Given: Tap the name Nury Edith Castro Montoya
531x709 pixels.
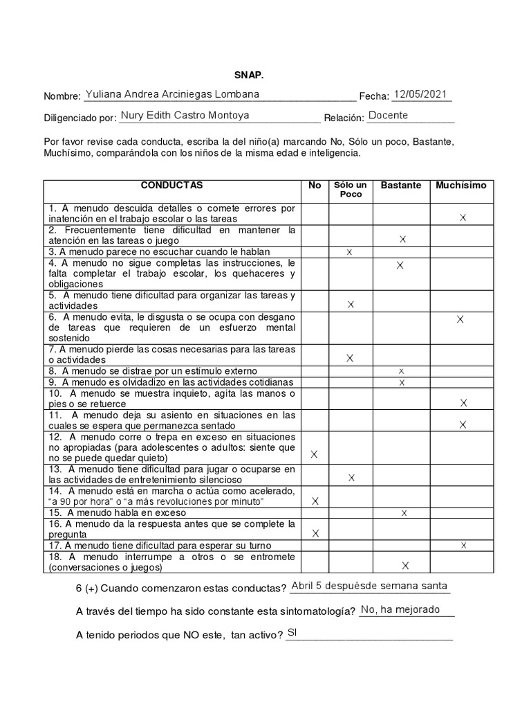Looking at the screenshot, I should (185, 116).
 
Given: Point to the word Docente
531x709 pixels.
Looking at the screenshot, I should (388, 116).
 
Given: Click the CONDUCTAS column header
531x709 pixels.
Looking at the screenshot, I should (172, 186).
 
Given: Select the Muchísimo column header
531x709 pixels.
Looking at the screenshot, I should (461, 186).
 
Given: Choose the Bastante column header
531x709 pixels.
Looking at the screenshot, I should (401, 186).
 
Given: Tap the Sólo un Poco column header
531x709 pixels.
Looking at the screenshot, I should (351, 190).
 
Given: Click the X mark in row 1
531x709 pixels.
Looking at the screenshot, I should (463, 218).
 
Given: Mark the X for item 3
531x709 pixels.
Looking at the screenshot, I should (349, 253).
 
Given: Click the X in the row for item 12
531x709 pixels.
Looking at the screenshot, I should (315, 454).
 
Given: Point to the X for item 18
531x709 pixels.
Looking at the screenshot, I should (405, 566).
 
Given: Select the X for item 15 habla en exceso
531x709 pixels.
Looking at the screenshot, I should (404, 513).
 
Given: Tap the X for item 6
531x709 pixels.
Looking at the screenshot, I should (460, 319).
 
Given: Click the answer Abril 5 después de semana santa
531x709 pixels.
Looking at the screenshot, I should (369, 586).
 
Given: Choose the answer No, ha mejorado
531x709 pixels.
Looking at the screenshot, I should (400, 609).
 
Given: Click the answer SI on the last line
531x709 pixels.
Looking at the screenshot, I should (292, 632).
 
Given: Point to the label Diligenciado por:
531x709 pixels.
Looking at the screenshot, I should (80, 118).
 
